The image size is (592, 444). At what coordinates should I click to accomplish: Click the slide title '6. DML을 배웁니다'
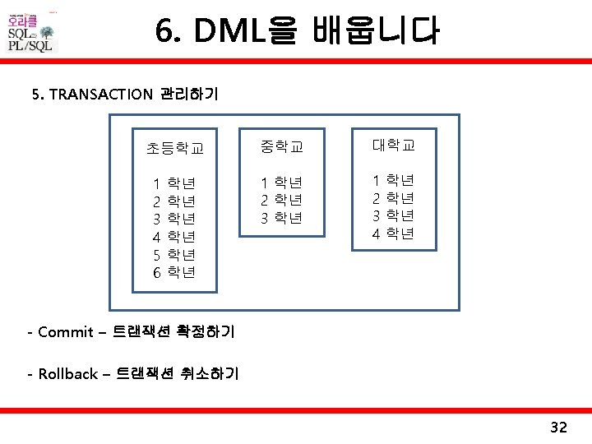click(297, 33)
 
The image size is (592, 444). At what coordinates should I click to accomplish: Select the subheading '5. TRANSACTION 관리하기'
click(124, 94)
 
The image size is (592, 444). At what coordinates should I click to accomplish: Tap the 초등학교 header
click(174, 148)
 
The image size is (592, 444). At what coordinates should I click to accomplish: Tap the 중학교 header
click(282, 147)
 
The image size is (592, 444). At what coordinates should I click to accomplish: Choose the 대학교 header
click(393, 146)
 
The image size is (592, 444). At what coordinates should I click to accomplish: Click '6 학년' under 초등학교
click(174, 272)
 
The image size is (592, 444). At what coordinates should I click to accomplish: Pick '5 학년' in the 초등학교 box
click(174, 254)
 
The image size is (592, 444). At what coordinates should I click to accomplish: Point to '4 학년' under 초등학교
click(174, 236)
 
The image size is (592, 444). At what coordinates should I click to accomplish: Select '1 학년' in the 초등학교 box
click(174, 182)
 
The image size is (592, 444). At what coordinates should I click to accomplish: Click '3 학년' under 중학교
click(282, 218)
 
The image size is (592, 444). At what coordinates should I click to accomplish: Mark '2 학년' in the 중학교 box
click(282, 200)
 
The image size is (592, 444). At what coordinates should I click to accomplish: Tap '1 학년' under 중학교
click(282, 182)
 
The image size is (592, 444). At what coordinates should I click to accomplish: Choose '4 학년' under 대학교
click(393, 234)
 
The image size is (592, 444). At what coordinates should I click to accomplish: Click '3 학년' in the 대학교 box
click(393, 215)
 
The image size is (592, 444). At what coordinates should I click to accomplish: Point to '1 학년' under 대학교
click(393, 179)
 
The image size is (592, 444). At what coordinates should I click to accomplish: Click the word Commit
click(66, 332)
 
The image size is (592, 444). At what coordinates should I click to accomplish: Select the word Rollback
click(67, 374)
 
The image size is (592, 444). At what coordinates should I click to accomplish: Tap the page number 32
click(558, 427)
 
